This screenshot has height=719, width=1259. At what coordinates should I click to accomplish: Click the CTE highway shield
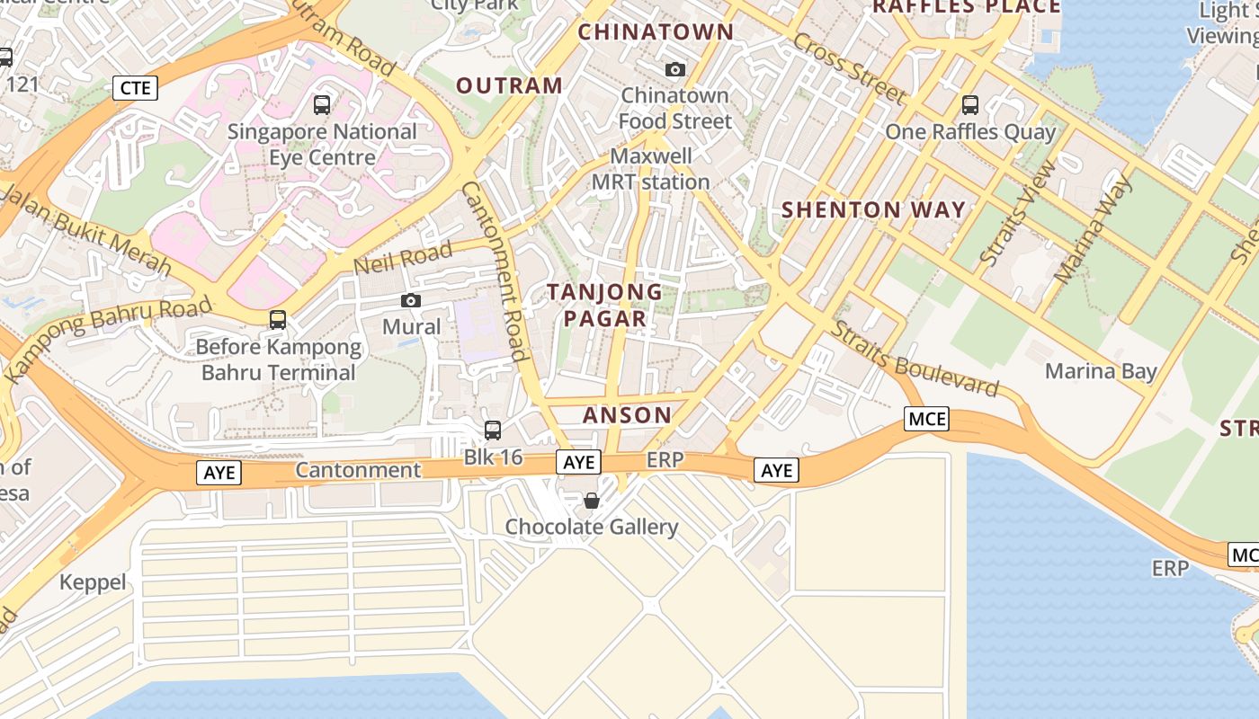click(136, 87)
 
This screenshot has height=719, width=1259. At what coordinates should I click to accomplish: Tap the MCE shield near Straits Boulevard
click(927, 419)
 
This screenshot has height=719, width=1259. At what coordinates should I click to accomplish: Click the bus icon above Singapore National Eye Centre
click(322, 105)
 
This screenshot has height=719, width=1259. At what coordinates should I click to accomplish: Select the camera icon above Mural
click(411, 300)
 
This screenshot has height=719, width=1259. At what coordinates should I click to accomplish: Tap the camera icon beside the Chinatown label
click(674, 69)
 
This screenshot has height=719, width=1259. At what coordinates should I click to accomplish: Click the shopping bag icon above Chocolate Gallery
click(591, 501)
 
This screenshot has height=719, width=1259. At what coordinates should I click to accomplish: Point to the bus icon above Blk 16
click(492, 431)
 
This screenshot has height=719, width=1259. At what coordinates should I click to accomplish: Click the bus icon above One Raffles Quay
click(969, 105)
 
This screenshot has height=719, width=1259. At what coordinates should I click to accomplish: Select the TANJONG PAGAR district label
click(605, 305)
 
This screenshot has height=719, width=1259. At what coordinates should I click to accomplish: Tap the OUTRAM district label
click(509, 85)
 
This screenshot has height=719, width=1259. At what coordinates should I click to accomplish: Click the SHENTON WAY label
click(873, 210)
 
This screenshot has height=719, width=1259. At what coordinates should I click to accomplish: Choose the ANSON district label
click(627, 415)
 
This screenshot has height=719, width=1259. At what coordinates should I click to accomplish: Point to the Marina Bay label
click(1100, 371)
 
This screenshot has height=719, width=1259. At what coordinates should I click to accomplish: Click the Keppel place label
click(93, 582)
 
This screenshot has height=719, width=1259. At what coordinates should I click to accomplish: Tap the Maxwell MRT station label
click(650, 169)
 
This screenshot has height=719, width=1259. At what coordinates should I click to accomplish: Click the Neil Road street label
click(402, 259)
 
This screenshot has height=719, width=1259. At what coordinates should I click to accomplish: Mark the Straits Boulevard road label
click(915, 359)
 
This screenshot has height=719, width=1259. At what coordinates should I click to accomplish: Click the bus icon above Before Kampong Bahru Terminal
click(278, 320)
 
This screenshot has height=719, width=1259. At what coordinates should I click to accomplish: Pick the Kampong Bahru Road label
click(109, 337)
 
